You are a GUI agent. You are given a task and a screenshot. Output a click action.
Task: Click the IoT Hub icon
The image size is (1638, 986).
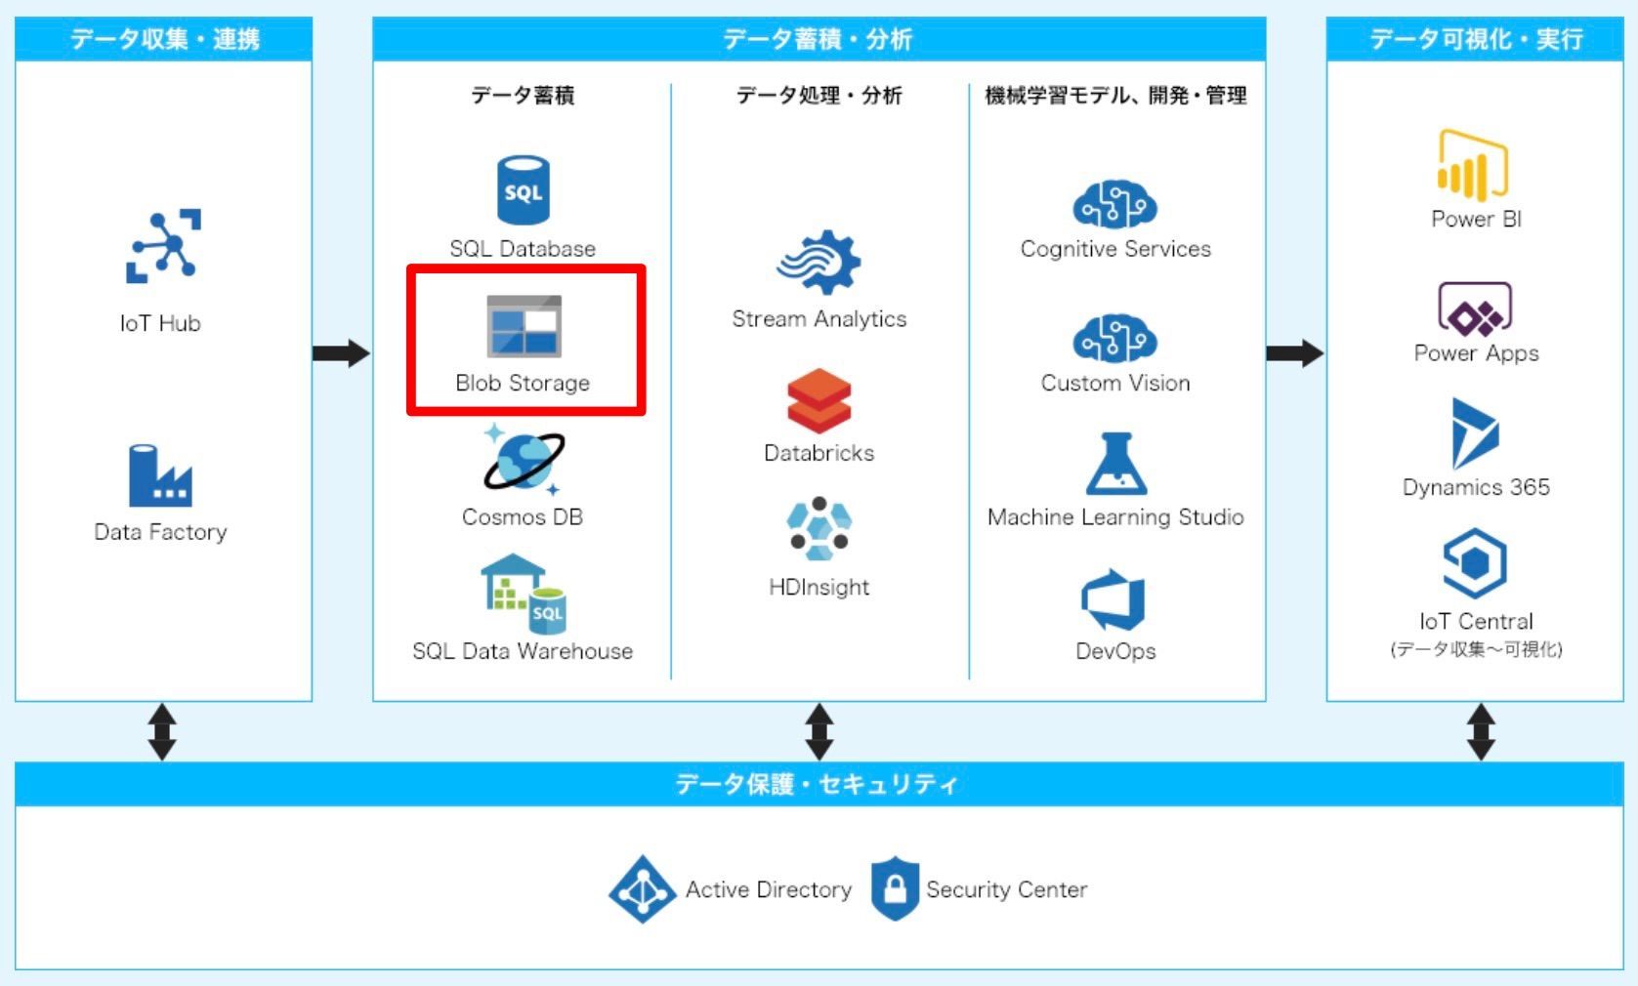coord(163,245)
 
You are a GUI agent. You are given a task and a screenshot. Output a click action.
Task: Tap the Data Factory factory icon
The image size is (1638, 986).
coord(160,476)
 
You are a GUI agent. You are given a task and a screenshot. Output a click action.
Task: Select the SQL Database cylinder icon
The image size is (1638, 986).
coord(523,190)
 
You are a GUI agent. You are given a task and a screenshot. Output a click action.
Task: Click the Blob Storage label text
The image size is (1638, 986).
coord(523,383)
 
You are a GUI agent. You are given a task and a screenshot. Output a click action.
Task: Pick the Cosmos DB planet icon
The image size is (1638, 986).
coord(523,461)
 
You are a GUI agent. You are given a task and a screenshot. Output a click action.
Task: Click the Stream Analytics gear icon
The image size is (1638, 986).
coord(819,262)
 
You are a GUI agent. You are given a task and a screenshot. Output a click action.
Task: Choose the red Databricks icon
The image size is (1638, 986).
coord(819,400)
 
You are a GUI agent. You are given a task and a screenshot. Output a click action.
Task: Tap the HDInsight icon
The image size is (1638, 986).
coord(819,529)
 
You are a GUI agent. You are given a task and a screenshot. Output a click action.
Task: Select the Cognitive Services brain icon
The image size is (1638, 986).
coord(1114,204)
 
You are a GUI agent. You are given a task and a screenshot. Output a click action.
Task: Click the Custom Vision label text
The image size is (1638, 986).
coord(1115,383)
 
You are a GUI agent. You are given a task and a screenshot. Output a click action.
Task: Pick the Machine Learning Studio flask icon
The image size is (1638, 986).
coord(1115,465)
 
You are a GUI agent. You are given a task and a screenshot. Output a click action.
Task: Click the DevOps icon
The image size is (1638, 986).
coord(1113,599)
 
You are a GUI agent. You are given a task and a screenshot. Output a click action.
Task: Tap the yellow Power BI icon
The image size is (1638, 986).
coord(1473,166)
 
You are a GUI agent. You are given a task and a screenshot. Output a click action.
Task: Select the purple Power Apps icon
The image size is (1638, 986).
coord(1475,309)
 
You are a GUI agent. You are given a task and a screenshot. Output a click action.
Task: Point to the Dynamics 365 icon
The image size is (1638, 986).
coord(1474,433)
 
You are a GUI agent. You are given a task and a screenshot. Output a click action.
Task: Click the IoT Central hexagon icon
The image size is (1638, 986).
coord(1475,562)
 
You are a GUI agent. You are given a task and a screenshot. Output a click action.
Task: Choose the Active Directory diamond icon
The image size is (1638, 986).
coord(642,889)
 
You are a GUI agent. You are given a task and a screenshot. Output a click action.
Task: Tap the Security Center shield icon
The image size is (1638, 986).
coord(895,888)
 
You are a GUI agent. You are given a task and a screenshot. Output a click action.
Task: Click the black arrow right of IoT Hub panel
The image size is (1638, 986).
coord(341,352)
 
